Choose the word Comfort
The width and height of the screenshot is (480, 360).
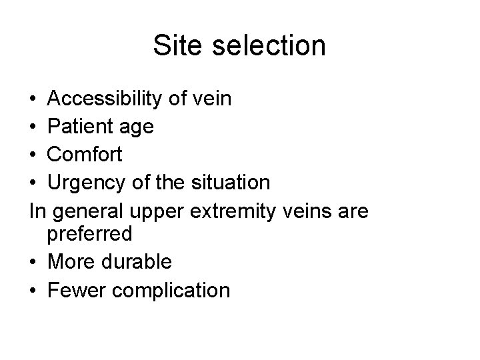point(85,154)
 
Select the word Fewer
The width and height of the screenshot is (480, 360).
point(73,289)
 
